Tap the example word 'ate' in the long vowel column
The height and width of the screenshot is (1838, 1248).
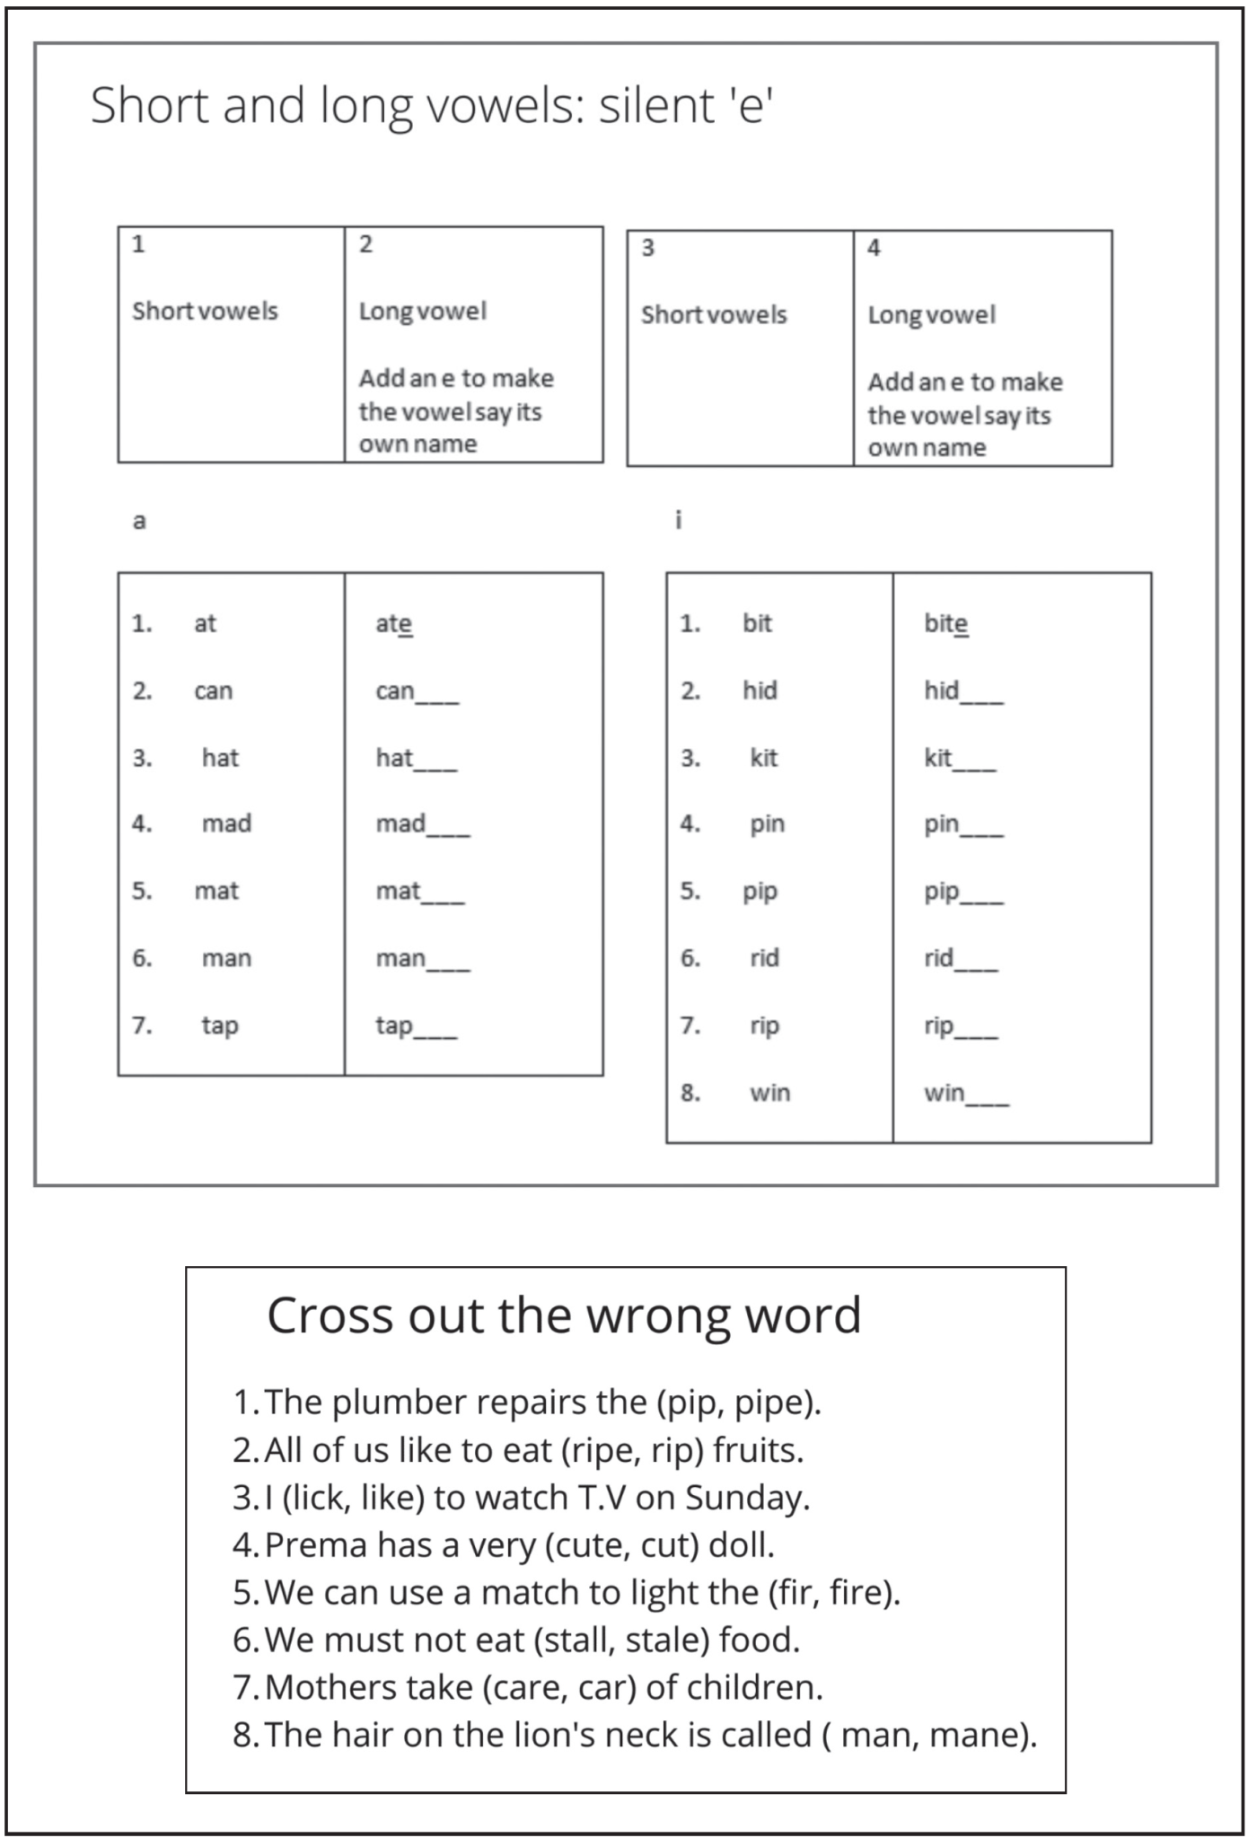[x=393, y=623]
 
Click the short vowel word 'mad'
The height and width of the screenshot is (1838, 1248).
[x=226, y=823]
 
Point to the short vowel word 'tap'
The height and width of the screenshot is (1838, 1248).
[x=220, y=1025]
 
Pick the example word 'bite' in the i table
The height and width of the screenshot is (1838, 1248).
[x=945, y=623]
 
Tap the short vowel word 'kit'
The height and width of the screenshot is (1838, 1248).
[x=764, y=758]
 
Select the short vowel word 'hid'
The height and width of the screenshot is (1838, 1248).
[x=760, y=690]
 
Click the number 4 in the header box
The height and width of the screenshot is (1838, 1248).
[x=874, y=248]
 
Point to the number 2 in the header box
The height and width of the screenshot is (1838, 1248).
[x=365, y=244]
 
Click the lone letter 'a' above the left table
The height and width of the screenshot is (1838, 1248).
[x=139, y=521]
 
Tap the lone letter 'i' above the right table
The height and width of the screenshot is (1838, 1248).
[x=679, y=520]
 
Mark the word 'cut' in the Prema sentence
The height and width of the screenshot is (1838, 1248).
[x=669, y=1545]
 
